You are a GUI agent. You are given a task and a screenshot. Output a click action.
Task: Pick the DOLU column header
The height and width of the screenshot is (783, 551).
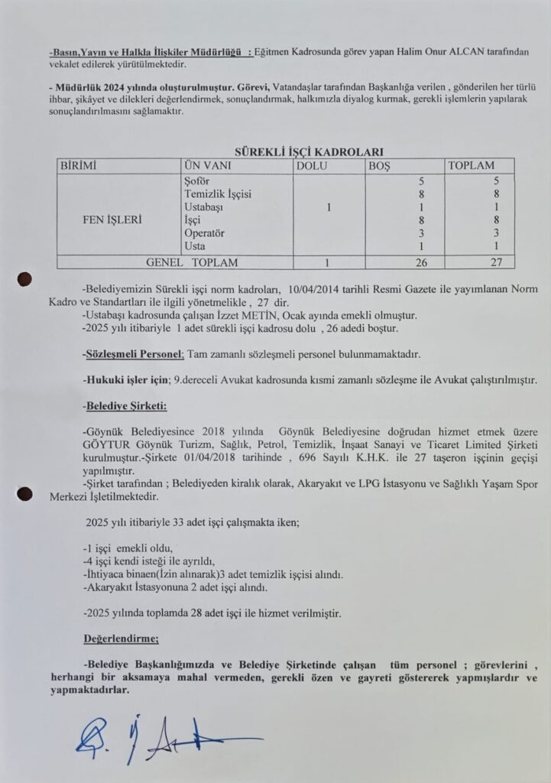coord(314,166)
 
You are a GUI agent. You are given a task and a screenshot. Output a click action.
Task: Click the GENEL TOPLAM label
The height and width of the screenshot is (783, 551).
coord(192,262)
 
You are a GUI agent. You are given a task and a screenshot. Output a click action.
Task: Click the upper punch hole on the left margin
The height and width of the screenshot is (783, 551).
coord(24,279)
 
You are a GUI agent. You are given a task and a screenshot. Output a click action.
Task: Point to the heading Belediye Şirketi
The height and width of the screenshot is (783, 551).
coord(125,405)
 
